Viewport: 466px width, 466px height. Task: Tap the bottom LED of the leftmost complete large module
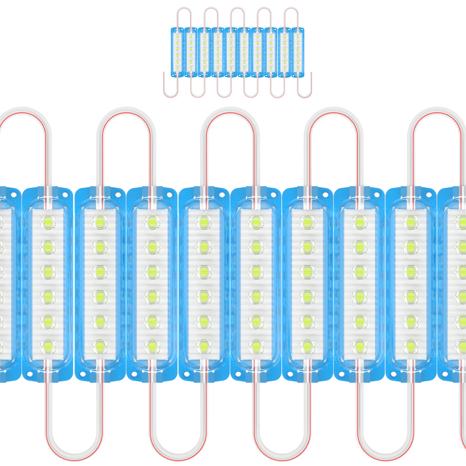click(x=48, y=346)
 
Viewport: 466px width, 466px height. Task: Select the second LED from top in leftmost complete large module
click(x=48, y=246)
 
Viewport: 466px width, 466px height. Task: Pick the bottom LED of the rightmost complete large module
click(x=411, y=346)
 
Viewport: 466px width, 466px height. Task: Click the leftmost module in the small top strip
click(x=177, y=51)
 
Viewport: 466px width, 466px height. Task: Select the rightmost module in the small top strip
click(x=297, y=51)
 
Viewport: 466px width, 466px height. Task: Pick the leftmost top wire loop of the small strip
click(x=184, y=12)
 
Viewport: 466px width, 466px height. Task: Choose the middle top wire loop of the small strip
click(x=237, y=12)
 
